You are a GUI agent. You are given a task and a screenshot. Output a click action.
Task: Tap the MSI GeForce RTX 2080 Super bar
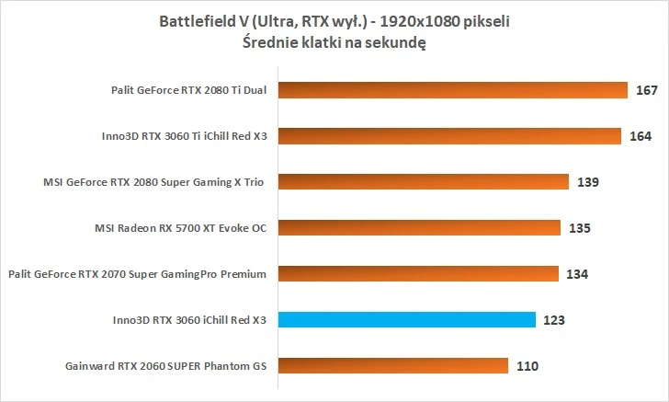tap(423, 182)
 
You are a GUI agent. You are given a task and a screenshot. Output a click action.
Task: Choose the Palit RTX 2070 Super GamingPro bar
tap(417, 274)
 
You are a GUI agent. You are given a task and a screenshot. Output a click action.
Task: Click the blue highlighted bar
tap(405, 320)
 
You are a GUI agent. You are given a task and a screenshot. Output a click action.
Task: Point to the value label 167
tap(646, 90)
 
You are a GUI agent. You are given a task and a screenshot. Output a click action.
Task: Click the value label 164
tap(641, 136)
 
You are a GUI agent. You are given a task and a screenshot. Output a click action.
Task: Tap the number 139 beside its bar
tap(588, 182)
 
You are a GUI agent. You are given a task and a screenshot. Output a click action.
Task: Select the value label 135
tap(579, 228)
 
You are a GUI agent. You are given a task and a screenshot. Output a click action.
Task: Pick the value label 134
tap(577, 274)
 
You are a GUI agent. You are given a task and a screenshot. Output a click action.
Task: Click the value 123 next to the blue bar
tap(554, 320)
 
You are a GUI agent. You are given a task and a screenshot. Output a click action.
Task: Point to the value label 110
tap(527, 366)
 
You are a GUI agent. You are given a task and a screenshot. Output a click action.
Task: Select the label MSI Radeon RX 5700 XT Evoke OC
tap(180, 228)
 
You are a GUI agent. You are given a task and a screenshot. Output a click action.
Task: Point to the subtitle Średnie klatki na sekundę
tap(334, 42)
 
